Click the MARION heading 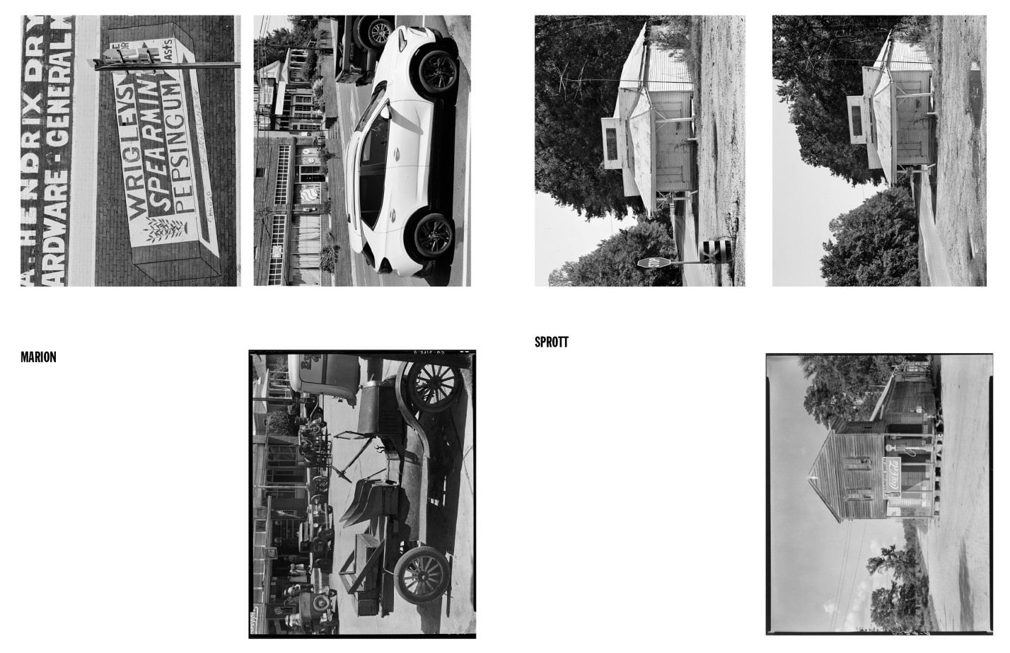38,357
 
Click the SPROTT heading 551,342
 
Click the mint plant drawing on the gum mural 155,229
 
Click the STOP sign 646,263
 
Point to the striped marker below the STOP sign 712,250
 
